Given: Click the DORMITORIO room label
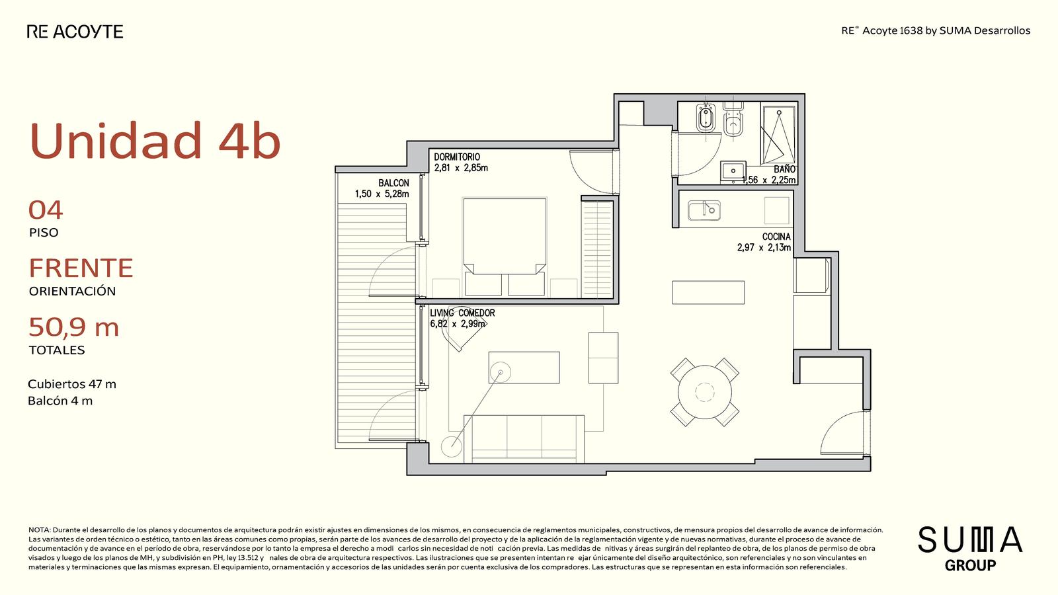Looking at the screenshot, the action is click(x=457, y=157).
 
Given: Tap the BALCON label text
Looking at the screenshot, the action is click(x=393, y=183).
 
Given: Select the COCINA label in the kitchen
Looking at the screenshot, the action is click(x=776, y=237).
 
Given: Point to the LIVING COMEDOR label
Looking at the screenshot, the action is click(x=462, y=313).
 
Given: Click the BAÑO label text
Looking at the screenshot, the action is click(x=784, y=169).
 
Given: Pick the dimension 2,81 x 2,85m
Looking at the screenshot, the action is click(x=461, y=168).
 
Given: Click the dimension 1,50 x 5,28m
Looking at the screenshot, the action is click(x=382, y=194).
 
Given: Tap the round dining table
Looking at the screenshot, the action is click(x=705, y=392).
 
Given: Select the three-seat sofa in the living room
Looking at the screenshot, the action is click(x=524, y=439).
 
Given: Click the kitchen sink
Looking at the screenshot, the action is click(x=704, y=211).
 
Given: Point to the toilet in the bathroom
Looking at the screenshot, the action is click(x=733, y=120).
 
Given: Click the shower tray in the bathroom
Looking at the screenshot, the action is click(x=778, y=135).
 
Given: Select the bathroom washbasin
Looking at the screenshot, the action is click(x=733, y=171).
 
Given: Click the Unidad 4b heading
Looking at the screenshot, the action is click(x=155, y=140).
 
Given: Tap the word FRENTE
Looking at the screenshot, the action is click(x=81, y=268).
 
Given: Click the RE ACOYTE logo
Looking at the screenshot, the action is click(x=75, y=32).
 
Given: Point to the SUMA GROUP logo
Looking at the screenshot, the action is click(x=970, y=548).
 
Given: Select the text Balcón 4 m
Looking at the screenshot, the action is click(x=60, y=401).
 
